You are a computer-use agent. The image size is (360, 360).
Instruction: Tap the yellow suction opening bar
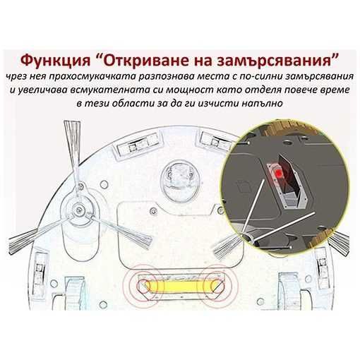pos(178,287)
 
